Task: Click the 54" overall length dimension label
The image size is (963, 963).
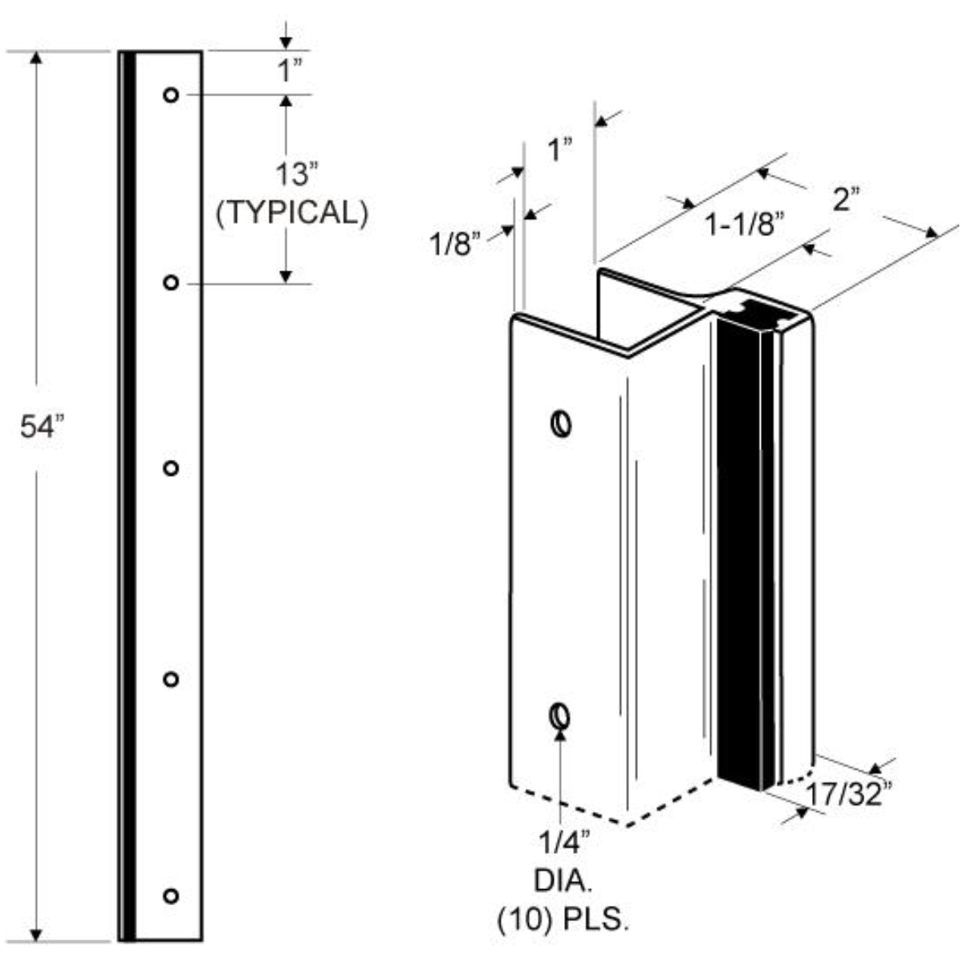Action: [x=40, y=427]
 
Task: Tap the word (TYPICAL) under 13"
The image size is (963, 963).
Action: [x=292, y=213]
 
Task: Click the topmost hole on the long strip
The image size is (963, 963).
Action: [x=170, y=95]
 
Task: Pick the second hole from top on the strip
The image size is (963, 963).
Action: [x=170, y=282]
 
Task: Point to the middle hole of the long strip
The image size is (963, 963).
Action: [x=170, y=468]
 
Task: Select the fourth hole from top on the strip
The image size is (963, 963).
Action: [x=170, y=679]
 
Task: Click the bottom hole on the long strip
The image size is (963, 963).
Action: [x=170, y=895]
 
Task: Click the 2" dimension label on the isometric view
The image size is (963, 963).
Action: [x=845, y=198]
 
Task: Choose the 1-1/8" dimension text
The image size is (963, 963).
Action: [x=743, y=226]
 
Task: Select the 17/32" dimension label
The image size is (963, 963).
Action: [x=848, y=794]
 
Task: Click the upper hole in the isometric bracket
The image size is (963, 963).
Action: [x=561, y=422]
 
